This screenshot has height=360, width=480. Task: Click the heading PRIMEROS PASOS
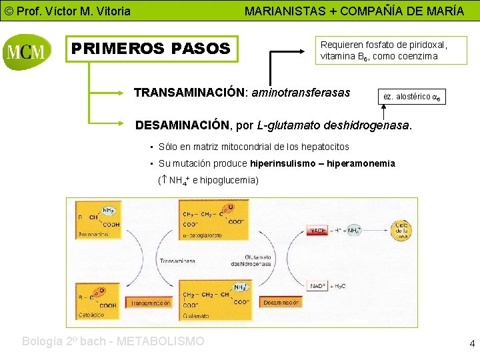151,49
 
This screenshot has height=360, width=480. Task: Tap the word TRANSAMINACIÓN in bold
189,93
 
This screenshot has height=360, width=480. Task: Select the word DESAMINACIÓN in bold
182,125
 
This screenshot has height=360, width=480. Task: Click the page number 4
472,344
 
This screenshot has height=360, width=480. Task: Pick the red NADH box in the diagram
318,231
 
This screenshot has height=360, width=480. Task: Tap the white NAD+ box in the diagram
318,286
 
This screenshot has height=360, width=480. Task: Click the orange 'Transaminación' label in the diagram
151,303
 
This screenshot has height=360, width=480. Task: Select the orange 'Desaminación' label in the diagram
281,303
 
